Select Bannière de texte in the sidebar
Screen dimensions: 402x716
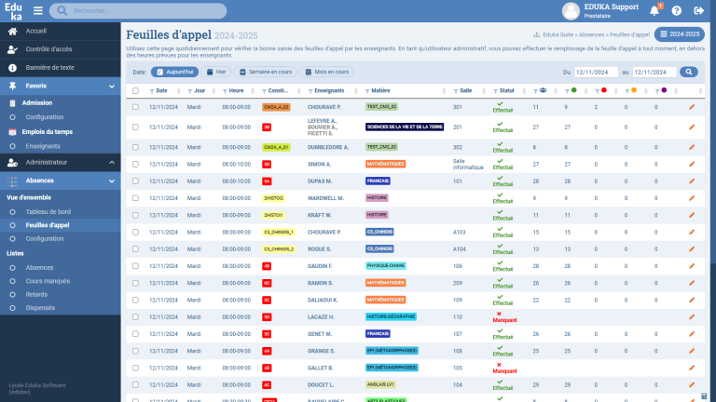tap(49, 68)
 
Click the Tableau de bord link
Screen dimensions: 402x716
tap(48, 211)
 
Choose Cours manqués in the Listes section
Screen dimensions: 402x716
tap(48, 280)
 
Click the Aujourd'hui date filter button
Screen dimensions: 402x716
tap(175, 72)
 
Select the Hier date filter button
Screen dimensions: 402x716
tap(216, 72)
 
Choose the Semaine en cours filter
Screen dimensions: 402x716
tap(267, 72)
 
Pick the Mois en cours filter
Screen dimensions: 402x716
tap(327, 72)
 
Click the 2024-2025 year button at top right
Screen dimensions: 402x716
tap(681, 34)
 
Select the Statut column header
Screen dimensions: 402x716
tap(507, 91)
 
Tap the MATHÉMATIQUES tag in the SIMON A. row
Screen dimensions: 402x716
tap(385, 164)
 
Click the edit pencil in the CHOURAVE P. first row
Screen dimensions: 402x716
tap(692, 107)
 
